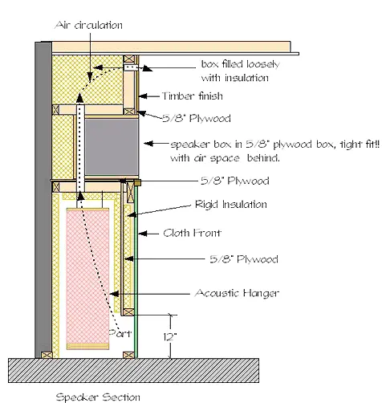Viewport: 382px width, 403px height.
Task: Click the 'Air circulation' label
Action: coord(88,25)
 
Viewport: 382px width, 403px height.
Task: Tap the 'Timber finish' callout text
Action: coord(193,96)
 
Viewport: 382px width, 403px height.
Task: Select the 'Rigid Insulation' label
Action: coord(231,205)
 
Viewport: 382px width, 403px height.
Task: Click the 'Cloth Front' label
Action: coord(192,233)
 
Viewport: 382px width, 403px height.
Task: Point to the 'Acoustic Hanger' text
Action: coord(237,293)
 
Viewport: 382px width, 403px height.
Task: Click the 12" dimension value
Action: coord(170,336)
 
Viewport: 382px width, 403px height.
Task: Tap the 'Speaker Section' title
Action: coord(98,397)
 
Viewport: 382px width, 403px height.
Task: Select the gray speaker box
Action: coord(112,147)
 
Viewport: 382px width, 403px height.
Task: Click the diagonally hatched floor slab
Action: coord(133,370)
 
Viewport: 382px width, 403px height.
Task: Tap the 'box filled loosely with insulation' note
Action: coord(240,71)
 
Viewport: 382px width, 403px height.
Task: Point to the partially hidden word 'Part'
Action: coord(120,333)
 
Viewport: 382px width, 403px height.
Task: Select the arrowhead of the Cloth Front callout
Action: coord(143,234)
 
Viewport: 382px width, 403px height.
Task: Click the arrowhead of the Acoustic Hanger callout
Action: coord(114,294)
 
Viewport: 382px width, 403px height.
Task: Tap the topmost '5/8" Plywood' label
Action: coord(197,118)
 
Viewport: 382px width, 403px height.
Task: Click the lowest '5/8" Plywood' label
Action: coord(244,259)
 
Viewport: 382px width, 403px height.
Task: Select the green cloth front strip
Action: coord(136,271)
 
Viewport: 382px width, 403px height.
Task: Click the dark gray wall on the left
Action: coord(43,200)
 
